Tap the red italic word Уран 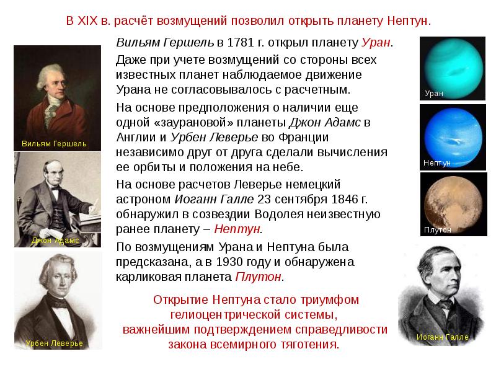coord(376,42)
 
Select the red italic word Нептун coord(237,229)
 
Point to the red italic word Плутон coord(258,277)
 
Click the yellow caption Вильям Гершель coord(54,144)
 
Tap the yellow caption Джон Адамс coord(55,241)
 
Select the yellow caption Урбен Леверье coord(55,343)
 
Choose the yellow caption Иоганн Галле coord(442,337)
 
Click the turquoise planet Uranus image coord(453,68)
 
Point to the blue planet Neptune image coord(453,138)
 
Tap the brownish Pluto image coord(453,204)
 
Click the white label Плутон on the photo coord(438,230)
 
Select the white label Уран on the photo coord(434,94)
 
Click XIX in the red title coord(87,21)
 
